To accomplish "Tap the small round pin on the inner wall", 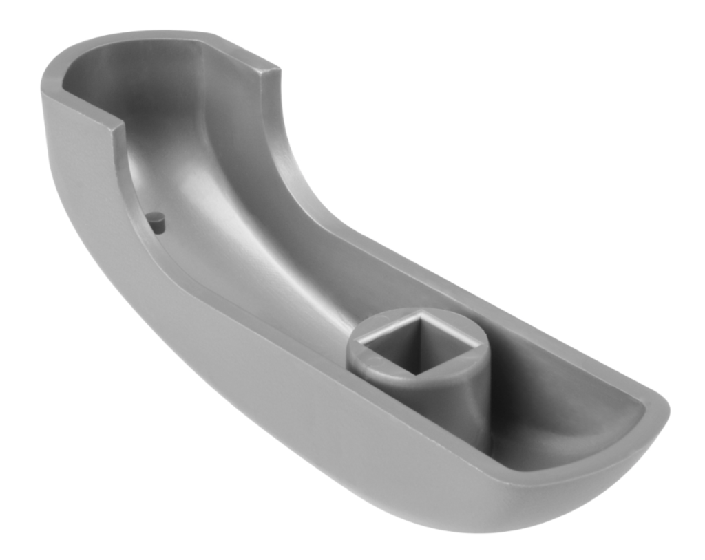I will tap(157, 221).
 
